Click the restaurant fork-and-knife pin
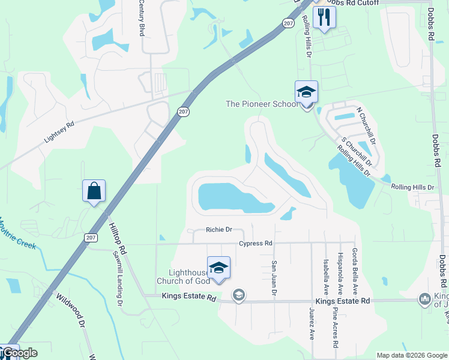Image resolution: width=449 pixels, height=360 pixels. pyautogui.click(x=324, y=18)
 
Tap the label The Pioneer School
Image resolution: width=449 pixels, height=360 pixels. pyautogui.click(x=261, y=104)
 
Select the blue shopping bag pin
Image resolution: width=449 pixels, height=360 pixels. pyautogui.click(x=94, y=191)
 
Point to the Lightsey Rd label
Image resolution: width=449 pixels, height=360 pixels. pyautogui.click(x=59, y=133)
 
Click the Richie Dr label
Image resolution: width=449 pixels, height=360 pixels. pyautogui.click(x=218, y=230)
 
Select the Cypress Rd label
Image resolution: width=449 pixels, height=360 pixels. pyautogui.click(x=256, y=244)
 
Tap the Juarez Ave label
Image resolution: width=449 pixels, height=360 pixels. pyautogui.click(x=312, y=325)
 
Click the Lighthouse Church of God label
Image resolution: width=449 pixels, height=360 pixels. pyautogui.click(x=183, y=277)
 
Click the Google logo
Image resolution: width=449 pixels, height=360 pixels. pyautogui.click(x=20, y=353)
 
